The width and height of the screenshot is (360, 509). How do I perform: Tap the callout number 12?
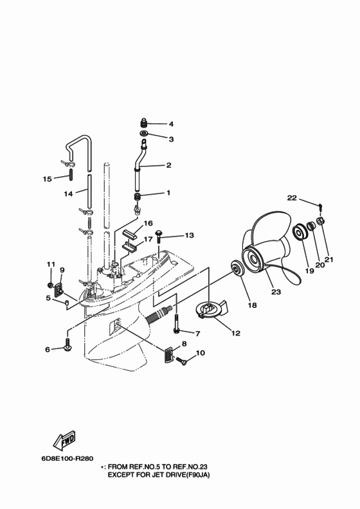235,334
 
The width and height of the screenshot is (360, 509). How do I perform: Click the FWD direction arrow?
64,440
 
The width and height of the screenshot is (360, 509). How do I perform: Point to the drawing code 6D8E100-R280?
66,459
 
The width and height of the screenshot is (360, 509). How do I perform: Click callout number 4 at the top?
171,123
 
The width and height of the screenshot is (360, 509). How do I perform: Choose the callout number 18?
252,305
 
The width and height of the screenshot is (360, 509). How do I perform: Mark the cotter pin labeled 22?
319,205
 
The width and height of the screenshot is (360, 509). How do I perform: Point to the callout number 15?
46,179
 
